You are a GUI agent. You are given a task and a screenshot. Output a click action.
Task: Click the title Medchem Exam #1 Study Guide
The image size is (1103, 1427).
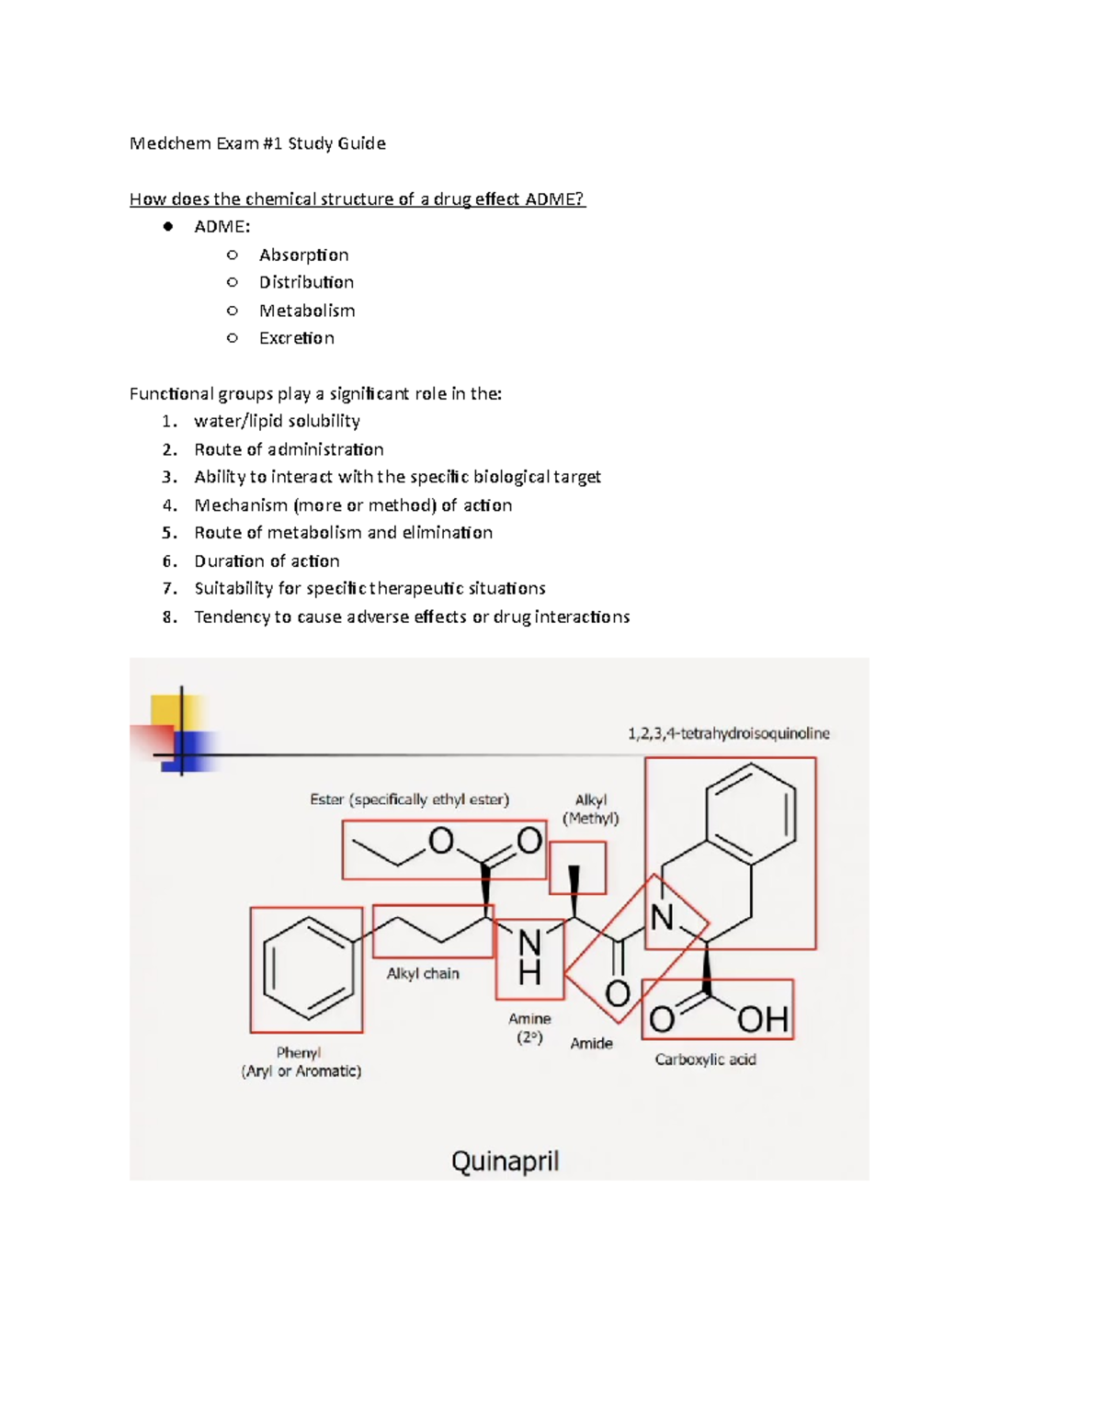coord(257,143)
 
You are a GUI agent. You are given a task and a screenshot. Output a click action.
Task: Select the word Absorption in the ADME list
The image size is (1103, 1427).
coord(303,255)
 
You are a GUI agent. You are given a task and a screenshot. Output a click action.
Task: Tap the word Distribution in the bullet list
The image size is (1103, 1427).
coord(306,282)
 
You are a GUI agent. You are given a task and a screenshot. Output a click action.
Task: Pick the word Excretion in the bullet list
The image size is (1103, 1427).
coord(296,338)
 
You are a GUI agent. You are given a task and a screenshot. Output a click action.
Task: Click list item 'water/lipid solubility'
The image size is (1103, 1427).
coord(277,421)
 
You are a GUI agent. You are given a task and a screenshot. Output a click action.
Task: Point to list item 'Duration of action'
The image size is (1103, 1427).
coord(267,561)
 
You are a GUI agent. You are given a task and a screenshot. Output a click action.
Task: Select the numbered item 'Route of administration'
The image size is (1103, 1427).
coord(289,449)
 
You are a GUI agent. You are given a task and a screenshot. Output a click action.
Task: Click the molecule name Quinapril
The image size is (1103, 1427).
coord(505,1161)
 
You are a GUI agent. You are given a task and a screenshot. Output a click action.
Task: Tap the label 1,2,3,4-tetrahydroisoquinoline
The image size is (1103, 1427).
coord(728,733)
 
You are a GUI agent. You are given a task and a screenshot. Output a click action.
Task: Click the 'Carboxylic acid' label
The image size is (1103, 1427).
coord(705,1059)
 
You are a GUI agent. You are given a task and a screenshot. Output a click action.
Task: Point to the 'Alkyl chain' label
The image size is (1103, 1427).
coord(422,973)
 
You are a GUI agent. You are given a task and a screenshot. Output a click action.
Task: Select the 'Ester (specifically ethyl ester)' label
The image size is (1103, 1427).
coord(409,799)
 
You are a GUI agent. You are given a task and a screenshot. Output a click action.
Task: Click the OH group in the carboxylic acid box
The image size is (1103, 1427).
coord(762,1018)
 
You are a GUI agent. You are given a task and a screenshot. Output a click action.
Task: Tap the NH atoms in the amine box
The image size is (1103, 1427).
coord(529,957)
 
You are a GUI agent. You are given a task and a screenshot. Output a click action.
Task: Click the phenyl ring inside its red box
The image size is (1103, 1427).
coord(307,969)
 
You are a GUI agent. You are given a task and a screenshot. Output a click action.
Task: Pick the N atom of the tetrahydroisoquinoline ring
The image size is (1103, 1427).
coord(662,917)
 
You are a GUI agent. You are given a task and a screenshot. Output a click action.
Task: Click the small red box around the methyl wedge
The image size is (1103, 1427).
coord(577,869)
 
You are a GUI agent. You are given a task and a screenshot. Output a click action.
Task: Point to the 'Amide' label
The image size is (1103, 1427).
coord(591,1044)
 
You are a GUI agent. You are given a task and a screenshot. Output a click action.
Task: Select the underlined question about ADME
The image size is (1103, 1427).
coord(357,199)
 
